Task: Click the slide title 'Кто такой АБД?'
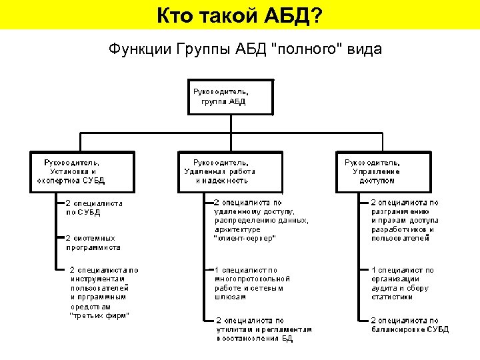239,15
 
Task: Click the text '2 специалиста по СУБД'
93,207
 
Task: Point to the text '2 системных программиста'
93,242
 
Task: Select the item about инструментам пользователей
103,292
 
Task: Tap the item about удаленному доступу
261,219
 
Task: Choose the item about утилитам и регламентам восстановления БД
263,329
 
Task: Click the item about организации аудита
403,283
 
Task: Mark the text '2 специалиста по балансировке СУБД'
409,325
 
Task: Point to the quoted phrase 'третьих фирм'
99,315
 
